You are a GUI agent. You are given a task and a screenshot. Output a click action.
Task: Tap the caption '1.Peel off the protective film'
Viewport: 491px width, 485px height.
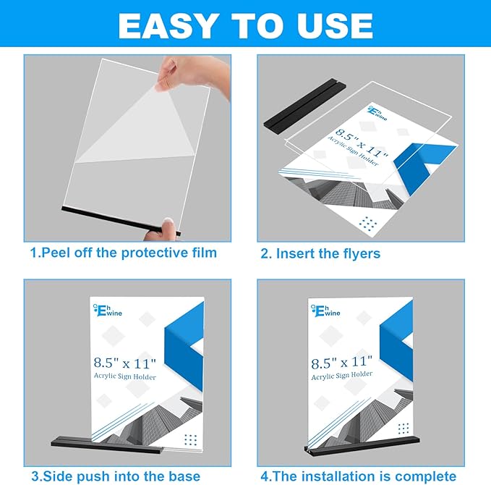(123, 253)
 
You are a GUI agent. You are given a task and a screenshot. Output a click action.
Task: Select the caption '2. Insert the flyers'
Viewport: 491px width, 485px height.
(320, 253)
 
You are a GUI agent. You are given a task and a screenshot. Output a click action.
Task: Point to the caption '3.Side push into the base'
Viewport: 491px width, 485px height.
(116, 476)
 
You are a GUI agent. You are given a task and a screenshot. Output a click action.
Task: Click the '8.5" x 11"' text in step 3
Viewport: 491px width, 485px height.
(124, 362)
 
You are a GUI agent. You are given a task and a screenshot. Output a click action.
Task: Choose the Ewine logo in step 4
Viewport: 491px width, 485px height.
(325, 310)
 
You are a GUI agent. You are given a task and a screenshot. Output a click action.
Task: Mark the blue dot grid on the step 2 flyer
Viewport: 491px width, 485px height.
(370, 224)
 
